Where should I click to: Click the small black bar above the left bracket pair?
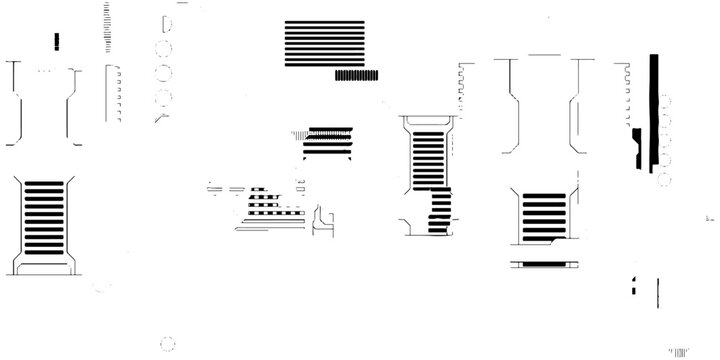click(57, 40)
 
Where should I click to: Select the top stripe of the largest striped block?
click(324, 23)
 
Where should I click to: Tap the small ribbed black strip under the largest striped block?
click(356, 74)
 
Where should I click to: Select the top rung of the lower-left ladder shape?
click(44, 185)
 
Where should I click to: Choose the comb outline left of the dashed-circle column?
click(112, 90)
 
